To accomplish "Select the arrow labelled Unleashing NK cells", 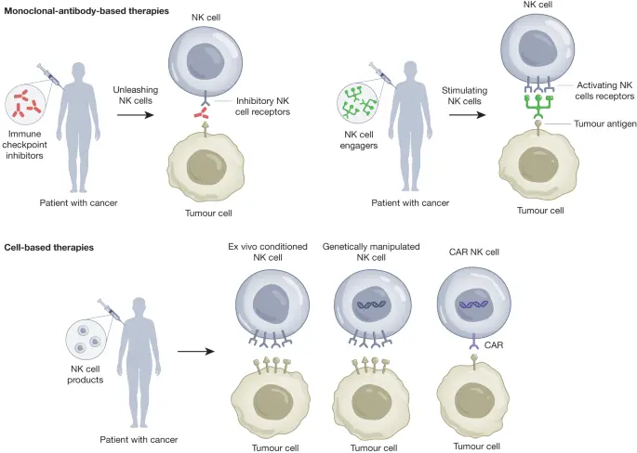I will [x=135, y=115].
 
